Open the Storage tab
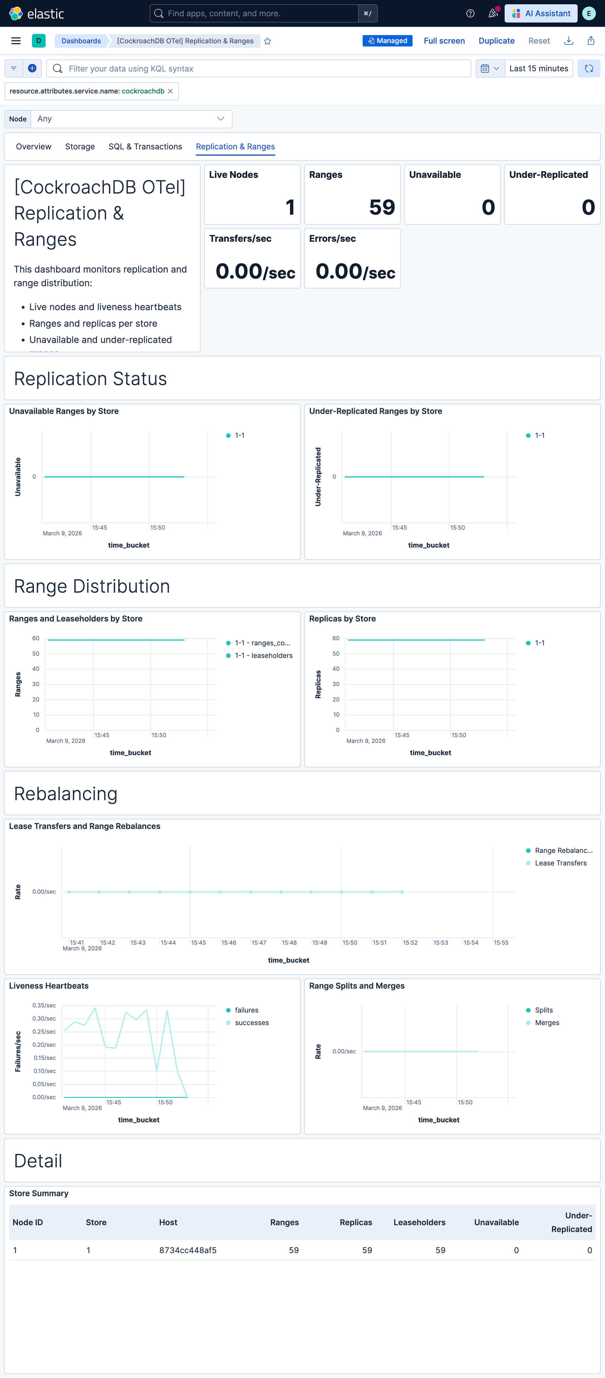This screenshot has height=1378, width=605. pos(80,147)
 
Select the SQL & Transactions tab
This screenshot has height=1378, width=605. pos(145,147)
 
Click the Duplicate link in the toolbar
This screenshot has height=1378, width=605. pos(496,41)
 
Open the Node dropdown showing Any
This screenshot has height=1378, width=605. pos(131,119)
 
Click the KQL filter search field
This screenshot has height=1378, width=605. pos(262,68)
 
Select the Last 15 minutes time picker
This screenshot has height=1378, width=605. pos(538,68)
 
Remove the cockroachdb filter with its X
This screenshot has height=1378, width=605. pos(170,92)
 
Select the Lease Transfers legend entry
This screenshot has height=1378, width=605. pos(560,863)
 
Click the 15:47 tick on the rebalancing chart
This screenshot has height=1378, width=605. pos(259,942)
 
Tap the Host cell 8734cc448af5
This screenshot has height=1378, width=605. pos(188,1250)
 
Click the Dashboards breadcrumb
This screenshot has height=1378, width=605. pos(81,41)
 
